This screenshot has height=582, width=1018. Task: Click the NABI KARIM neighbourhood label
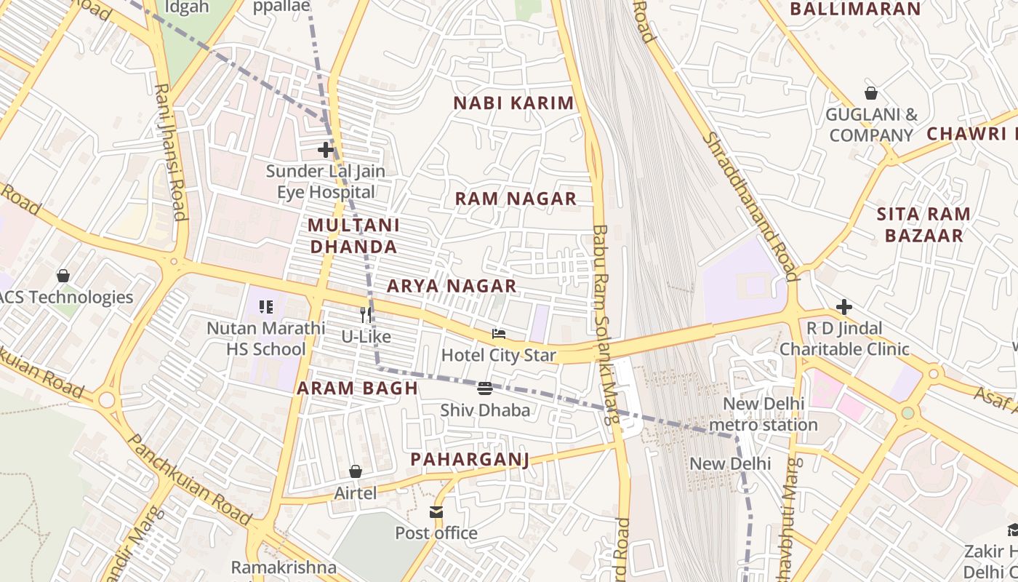513,103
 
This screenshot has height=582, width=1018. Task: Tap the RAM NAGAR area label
516,199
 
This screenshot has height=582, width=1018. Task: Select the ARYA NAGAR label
452,286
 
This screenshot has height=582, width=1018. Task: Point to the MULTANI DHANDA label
353,236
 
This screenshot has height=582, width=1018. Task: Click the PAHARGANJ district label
470,459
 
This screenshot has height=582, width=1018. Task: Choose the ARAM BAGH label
357,388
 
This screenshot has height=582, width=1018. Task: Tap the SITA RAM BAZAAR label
923,225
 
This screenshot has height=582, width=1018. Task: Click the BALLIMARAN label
855,9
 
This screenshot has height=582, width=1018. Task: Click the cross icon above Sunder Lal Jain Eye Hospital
326,150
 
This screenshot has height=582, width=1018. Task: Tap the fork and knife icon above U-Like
366,315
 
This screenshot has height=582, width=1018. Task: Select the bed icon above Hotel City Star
499,334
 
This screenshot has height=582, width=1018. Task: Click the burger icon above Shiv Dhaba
485,388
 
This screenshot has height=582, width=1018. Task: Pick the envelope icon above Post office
436,512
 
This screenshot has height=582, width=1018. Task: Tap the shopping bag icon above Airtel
356,471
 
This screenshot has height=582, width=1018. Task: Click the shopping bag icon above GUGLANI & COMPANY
870,93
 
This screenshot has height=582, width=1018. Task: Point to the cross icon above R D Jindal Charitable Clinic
844,306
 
